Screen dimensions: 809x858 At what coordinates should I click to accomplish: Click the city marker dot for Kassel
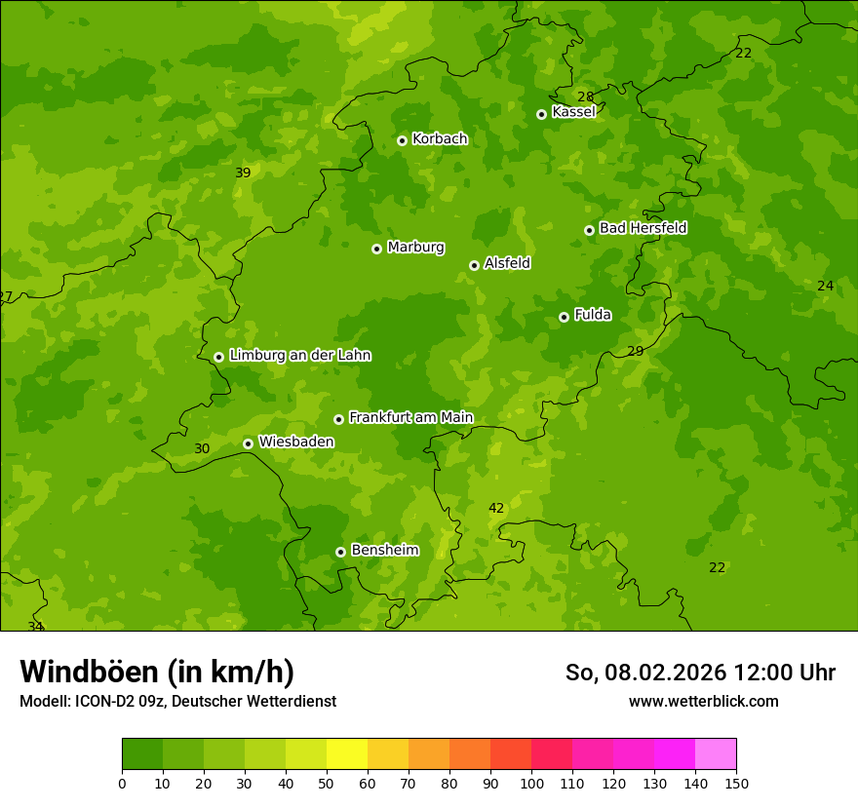click(x=541, y=114)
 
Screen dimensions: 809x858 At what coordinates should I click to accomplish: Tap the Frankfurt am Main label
click(x=410, y=418)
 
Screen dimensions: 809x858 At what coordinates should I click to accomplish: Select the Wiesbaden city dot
click(x=248, y=443)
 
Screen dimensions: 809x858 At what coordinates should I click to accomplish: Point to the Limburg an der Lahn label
click(x=299, y=356)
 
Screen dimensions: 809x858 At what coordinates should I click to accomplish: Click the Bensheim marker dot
click(x=340, y=552)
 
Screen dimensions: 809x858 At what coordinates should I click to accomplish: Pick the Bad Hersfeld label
click(x=643, y=228)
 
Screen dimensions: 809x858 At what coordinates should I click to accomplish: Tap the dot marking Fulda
click(x=564, y=317)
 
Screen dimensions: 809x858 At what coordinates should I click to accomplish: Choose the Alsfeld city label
click(x=507, y=263)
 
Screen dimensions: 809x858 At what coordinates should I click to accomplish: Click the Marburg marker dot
click(x=376, y=249)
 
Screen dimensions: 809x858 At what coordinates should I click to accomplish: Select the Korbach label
click(x=440, y=139)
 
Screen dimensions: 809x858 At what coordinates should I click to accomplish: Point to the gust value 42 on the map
click(x=496, y=509)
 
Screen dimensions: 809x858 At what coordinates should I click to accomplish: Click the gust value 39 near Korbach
click(x=243, y=173)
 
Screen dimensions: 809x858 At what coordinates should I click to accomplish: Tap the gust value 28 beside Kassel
click(x=585, y=96)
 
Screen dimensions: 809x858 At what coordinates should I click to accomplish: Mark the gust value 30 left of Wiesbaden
click(x=202, y=449)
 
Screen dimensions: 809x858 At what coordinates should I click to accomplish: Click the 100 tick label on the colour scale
click(x=531, y=784)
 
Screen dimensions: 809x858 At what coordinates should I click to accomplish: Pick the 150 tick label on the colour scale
click(x=736, y=784)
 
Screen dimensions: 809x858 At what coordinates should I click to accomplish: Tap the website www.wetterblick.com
click(x=703, y=701)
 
